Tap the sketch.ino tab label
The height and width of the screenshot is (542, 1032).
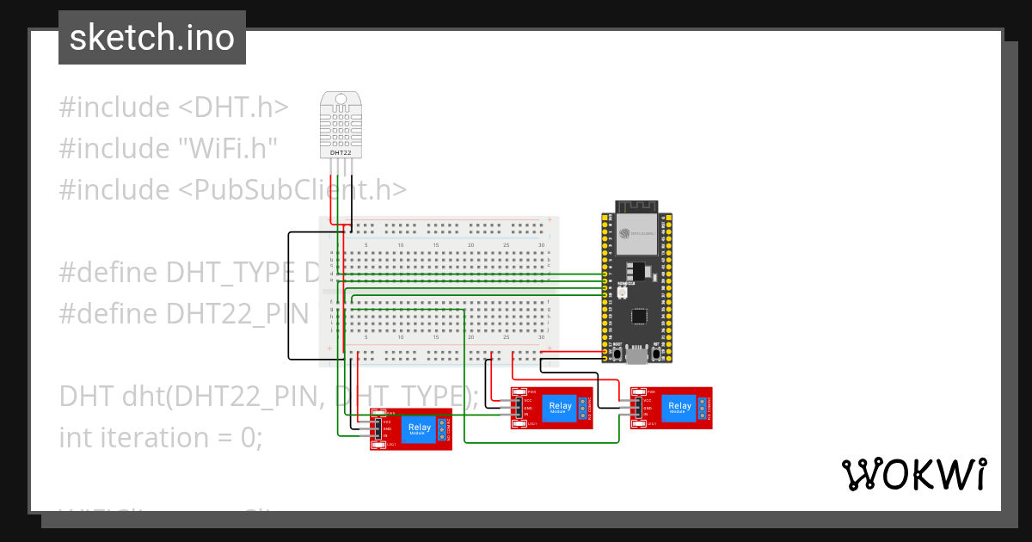152,38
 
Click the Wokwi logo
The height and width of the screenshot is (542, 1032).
914,475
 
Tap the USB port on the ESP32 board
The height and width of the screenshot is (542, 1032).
636,354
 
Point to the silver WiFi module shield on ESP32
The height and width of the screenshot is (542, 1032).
637,231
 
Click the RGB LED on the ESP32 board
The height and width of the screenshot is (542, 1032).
621,293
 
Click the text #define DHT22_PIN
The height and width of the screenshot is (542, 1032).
183,313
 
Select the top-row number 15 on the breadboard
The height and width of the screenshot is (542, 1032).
435,245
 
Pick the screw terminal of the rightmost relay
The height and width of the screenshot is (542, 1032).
703,408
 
